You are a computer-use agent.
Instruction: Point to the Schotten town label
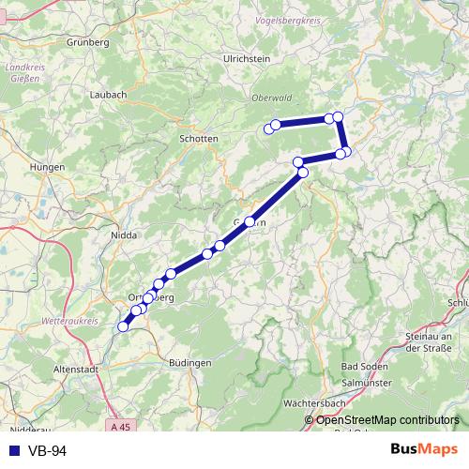tap(198, 138)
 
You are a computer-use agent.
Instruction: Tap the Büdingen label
tap(190, 362)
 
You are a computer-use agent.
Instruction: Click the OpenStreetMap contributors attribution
tap(387, 419)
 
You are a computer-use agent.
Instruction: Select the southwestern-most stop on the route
tap(122, 326)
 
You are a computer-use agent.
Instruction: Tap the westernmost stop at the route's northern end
tap(268, 129)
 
